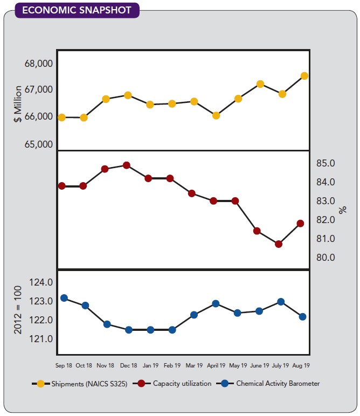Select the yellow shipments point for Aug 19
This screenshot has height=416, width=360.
click(x=304, y=76)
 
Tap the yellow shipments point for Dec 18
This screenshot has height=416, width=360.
click(x=128, y=95)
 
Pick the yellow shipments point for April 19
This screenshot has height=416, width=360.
click(x=216, y=115)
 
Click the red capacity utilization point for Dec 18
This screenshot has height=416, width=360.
click(x=126, y=165)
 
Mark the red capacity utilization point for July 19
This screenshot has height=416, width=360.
click(x=278, y=244)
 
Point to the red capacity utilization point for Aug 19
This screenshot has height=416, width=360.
click(x=300, y=223)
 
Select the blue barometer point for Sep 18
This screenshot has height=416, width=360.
click(x=64, y=298)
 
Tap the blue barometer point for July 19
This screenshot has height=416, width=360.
click(x=280, y=302)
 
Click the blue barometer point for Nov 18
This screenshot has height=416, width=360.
click(x=107, y=324)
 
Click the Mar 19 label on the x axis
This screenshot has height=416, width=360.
click(x=193, y=365)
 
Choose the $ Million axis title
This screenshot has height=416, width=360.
click(x=18, y=103)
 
